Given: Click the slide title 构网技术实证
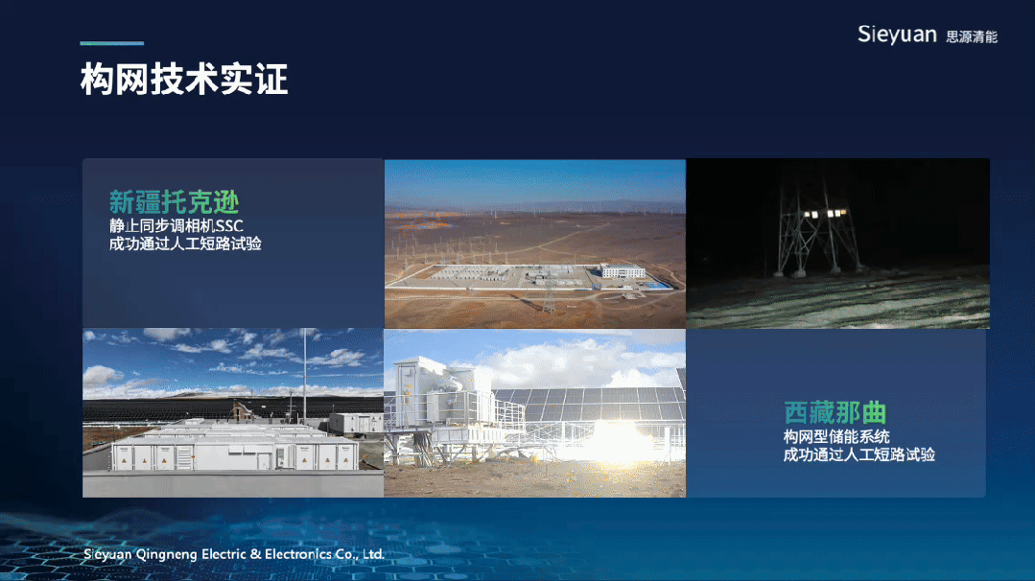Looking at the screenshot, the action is tap(184, 80).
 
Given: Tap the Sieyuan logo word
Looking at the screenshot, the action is tap(897, 35).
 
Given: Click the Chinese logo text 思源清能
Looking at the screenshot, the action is tap(972, 37).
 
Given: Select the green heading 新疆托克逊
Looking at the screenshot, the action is tap(175, 201).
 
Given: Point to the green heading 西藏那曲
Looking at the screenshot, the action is tap(835, 413).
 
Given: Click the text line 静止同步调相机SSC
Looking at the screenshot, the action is tap(176, 225).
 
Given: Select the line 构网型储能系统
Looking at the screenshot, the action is tap(836, 436).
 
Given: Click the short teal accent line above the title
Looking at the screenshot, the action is tap(111, 43).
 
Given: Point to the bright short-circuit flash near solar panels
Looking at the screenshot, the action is tap(616, 442).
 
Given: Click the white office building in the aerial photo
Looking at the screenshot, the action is tap(623, 270).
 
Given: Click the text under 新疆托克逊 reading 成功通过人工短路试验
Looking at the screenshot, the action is tap(185, 244).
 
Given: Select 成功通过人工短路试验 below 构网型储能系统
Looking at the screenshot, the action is tap(859, 454).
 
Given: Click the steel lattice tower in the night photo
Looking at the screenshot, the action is tap(818, 227).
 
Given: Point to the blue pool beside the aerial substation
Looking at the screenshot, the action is tap(656, 286).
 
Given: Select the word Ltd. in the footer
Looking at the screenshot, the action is tap(373, 554).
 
